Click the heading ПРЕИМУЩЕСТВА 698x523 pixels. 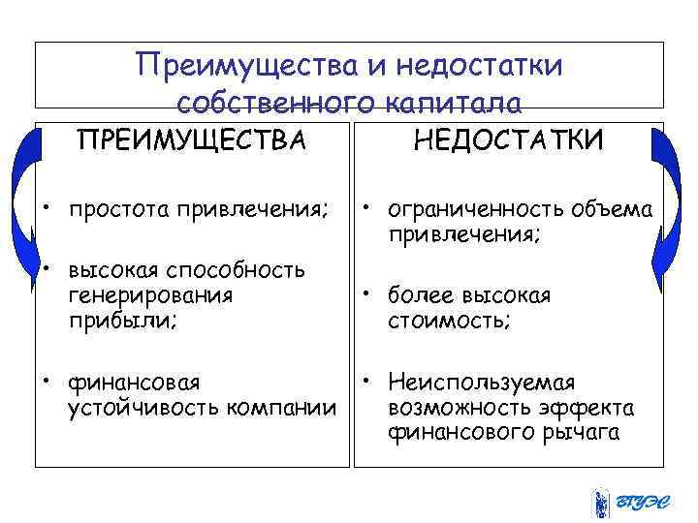point(190,141)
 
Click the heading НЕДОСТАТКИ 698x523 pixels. point(508,141)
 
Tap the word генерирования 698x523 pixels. point(149,295)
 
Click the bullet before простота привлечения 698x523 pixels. point(46,209)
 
